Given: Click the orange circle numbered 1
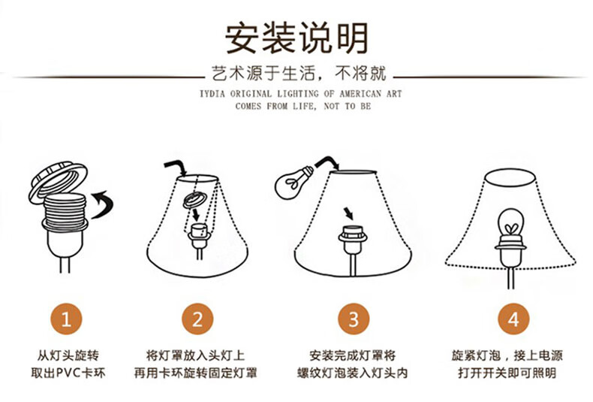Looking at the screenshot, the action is (x=67, y=319).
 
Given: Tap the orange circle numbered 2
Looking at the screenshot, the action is (x=197, y=319).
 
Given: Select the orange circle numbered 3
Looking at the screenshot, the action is (x=354, y=319).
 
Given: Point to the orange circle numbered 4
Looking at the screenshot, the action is (x=513, y=319).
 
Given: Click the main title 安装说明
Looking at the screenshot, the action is (x=297, y=38).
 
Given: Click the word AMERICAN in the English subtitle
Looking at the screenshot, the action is (x=360, y=93).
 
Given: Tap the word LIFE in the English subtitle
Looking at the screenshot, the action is (x=303, y=106).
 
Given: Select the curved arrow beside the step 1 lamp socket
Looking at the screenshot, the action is (x=103, y=204).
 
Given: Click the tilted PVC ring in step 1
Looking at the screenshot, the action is (x=58, y=183).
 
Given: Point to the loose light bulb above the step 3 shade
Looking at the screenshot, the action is (x=294, y=183).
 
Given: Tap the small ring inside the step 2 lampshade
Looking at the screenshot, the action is (x=195, y=200).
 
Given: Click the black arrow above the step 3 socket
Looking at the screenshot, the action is (x=348, y=213).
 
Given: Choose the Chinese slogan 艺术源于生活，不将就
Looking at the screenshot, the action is (x=299, y=74).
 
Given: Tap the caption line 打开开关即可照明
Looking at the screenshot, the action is (x=507, y=373).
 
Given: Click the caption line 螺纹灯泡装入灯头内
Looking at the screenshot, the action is (x=353, y=373).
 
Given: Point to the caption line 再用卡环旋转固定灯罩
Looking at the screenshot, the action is (x=195, y=373).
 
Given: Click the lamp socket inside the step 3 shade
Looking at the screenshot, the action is (x=353, y=239).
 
